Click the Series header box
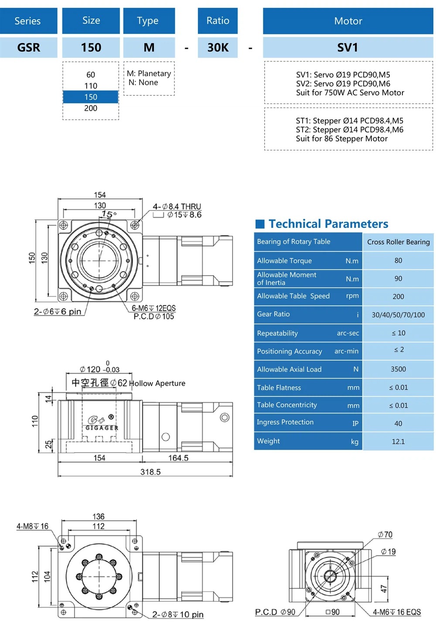[x=28, y=21]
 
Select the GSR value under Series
[x=28, y=47]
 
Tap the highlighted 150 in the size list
[x=91, y=97]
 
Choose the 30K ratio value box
[x=218, y=47]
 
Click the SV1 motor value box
[x=347, y=47]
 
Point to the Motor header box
[x=347, y=21]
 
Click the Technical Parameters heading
[x=328, y=224]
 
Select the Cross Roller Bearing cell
[x=398, y=242]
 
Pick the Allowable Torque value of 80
[x=398, y=261]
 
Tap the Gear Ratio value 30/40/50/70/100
[x=398, y=315]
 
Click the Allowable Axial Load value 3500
[x=398, y=369]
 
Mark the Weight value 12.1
[x=398, y=441]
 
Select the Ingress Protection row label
[x=285, y=422]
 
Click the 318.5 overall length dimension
[x=150, y=472]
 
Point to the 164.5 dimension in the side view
[x=178, y=458]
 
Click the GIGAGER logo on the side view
[x=102, y=424]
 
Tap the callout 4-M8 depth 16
[x=33, y=526]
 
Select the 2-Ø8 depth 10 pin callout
[x=177, y=614]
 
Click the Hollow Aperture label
[x=157, y=383]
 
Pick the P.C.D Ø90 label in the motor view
[x=275, y=612]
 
